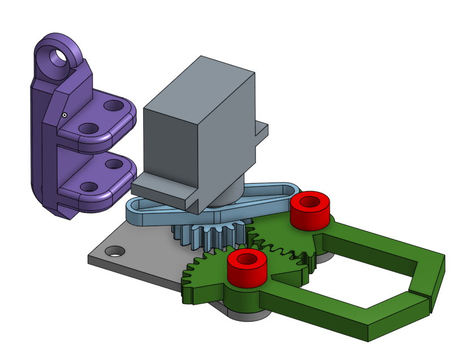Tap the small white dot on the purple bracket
(64, 115)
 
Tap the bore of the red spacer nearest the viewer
(246, 259)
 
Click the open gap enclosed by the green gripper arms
(368, 271)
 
